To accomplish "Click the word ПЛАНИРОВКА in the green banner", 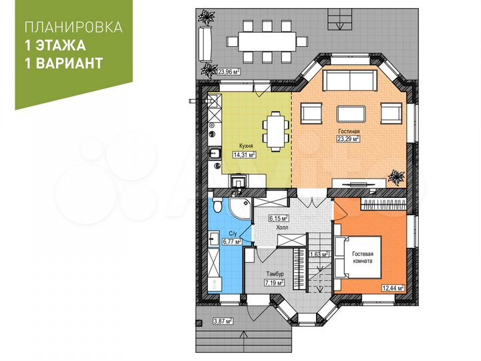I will coord(73,28).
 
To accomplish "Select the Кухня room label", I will coord(245,145).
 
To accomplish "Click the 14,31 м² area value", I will coord(245,154).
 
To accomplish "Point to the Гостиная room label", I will coord(349,131).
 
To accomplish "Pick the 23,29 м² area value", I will coord(349,140).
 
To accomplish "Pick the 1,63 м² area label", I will coord(318,254).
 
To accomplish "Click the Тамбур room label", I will coord(274,274).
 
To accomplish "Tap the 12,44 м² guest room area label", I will coord(393,287).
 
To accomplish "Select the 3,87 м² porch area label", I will coord(222,321).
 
